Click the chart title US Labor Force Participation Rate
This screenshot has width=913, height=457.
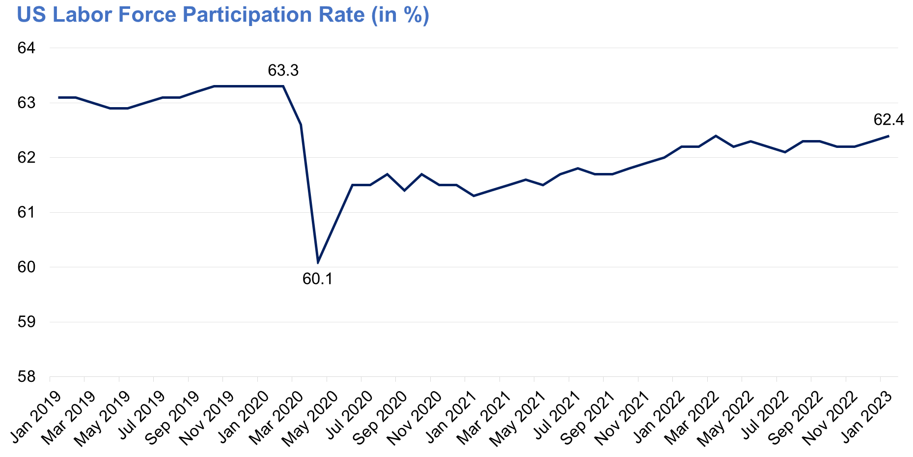tap(223, 15)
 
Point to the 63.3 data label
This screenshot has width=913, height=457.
tap(283, 71)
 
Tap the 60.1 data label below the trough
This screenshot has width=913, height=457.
tap(317, 279)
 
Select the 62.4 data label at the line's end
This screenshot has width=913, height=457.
tap(888, 119)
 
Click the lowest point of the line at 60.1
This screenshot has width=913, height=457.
tap(318, 262)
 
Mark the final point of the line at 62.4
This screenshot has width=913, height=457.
tap(888, 136)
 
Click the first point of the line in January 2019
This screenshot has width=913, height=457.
tap(58, 97)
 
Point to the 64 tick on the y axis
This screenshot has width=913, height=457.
tap(27, 48)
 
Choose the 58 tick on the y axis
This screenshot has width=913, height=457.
tap(27, 377)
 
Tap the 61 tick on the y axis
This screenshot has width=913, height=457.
tap(27, 213)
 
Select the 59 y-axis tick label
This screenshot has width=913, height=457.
tap(27, 322)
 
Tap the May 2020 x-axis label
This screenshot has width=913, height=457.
tap(313, 418)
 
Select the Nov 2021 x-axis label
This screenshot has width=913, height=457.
tap(625, 418)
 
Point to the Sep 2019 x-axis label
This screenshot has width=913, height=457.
tap(175, 418)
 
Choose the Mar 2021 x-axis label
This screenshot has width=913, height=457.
tap(486, 418)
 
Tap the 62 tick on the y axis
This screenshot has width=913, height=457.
tap(27, 158)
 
